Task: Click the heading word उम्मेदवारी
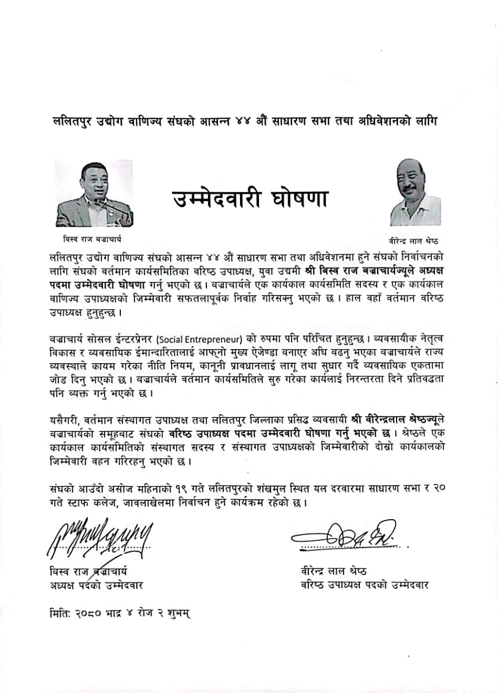[x=217, y=199]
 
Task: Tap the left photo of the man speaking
[x=94, y=193]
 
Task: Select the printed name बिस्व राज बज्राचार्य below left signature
[x=88, y=571]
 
